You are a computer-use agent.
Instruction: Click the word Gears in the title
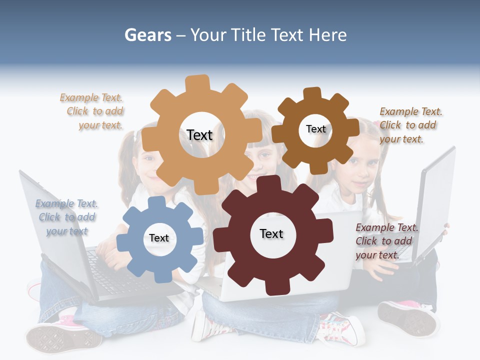click(147, 35)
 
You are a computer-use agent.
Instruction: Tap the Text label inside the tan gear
click(199, 135)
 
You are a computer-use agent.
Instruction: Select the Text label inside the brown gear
click(315, 129)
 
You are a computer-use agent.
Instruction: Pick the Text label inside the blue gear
click(159, 238)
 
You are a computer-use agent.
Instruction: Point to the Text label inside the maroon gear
click(271, 233)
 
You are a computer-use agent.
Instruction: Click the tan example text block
click(92, 111)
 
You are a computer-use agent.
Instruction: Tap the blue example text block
click(66, 217)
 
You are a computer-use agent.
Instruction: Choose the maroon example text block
click(386, 241)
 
